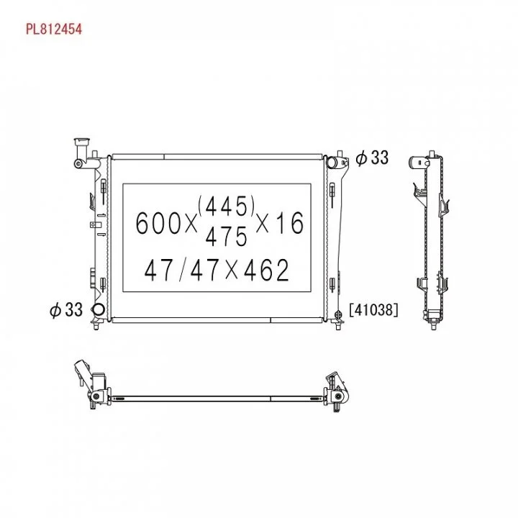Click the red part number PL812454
(x=54, y=29)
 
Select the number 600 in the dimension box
(x=158, y=223)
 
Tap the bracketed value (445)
(x=227, y=206)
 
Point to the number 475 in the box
(x=227, y=236)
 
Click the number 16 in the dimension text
(x=290, y=223)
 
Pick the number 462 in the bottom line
(x=266, y=270)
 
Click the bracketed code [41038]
(x=373, y=310)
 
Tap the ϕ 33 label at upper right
(x=373, y=158)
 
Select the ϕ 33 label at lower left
(x=66, y=310)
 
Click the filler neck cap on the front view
(x=82, y=142)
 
